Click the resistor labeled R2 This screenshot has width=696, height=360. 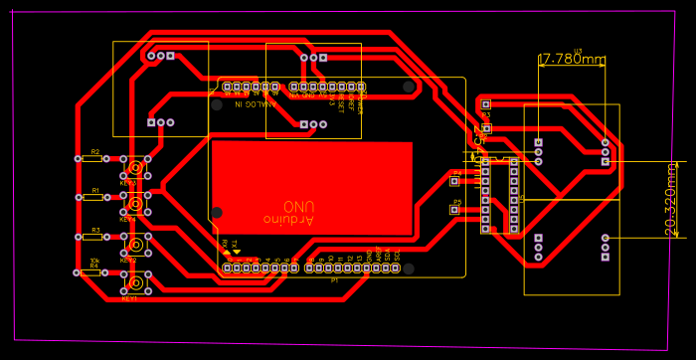coord(95,158)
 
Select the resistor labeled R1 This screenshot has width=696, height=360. coord(95,197)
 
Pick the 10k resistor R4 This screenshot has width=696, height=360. coord(95,272)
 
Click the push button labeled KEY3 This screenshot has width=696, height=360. coord(133,167)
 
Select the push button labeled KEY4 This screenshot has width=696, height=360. coord(133,204)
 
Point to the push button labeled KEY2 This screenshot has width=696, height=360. coord(133,243)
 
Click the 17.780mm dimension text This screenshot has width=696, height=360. coord(571,60)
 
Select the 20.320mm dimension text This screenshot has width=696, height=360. coord(671,199)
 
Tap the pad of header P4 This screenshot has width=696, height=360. coord(454,181)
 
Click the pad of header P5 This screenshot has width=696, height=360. coord(454,210)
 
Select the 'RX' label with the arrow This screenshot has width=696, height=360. coord(226,244)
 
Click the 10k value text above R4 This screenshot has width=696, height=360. coord(94,261)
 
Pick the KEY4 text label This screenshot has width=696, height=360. coord(129,221)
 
